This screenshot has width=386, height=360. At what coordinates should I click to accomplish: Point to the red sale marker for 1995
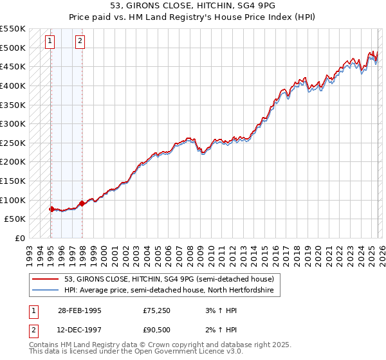point(51,209)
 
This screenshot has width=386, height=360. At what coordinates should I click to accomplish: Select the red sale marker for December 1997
point(82,203)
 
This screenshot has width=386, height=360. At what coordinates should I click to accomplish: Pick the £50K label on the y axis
point(15,219)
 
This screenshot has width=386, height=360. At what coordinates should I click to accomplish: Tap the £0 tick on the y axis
point(21,238)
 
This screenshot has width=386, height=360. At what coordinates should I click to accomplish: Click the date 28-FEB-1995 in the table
point(79,310)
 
